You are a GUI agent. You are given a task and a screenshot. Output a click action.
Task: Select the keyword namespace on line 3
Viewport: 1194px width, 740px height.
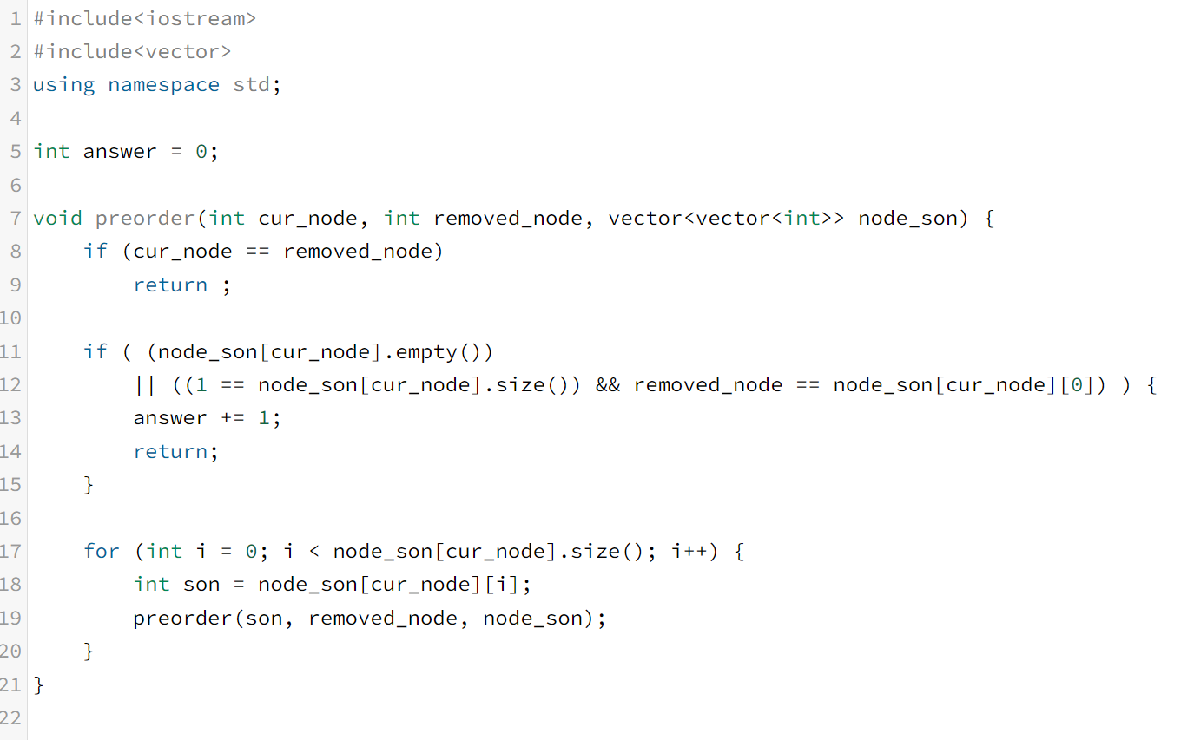(163, 85)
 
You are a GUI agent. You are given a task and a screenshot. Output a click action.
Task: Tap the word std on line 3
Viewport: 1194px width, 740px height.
(252, 85)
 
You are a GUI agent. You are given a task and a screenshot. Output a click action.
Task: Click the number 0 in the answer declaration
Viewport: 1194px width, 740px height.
(201, 152)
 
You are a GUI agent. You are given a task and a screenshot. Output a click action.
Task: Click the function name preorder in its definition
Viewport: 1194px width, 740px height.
(145, 219)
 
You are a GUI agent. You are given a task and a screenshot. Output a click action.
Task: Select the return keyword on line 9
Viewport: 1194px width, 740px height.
(170, 285)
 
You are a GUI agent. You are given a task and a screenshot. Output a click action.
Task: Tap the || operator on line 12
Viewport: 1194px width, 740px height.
(144, 385)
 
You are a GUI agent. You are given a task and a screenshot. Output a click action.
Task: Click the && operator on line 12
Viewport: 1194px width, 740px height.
(608, 385)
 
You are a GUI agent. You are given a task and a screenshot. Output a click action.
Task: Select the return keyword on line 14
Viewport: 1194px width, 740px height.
(170, 452)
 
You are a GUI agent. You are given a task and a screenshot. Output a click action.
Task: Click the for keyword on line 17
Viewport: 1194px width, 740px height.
(102, 552)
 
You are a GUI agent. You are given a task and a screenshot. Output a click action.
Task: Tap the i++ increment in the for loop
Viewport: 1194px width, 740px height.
(689, 552)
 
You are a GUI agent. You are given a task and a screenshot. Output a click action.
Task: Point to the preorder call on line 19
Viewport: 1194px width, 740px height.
(182, 619)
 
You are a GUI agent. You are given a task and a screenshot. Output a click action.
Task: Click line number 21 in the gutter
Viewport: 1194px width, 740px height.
(10, 685)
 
